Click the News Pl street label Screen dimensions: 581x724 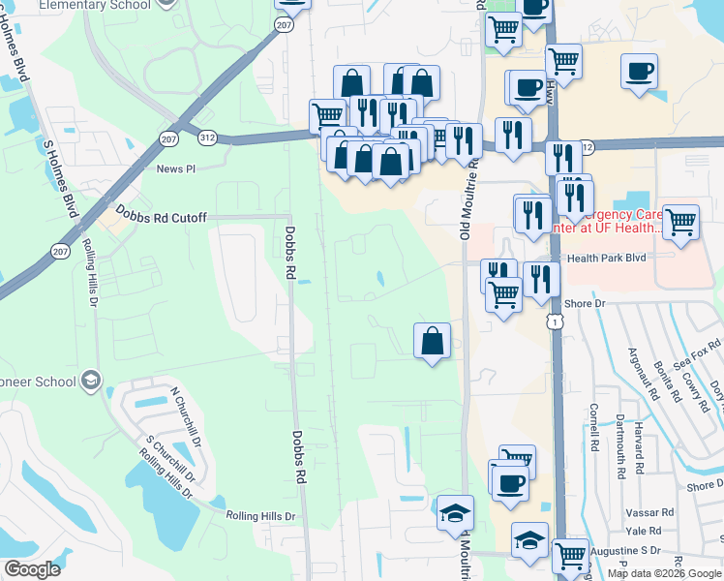[x=176, y=168]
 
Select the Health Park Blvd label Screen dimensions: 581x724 [x=606, y=258]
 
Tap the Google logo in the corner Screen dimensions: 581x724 [x=32, y=568]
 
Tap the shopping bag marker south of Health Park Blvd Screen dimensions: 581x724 [x=432, y=341]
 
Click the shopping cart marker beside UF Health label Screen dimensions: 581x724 [x=681, y=221]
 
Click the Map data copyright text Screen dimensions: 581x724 [x=664, y=573]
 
